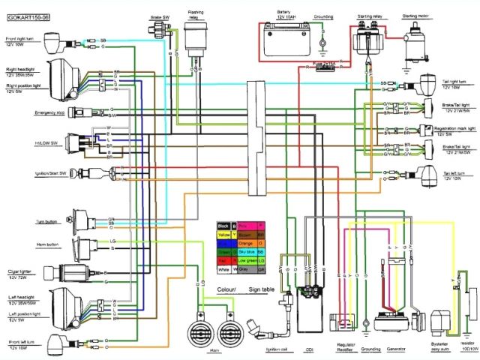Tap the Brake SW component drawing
(x=159, y=31)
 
